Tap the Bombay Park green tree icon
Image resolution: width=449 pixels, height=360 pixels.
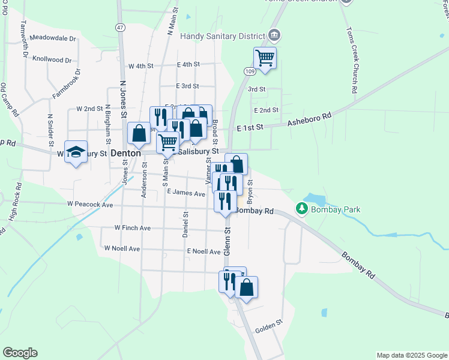[x=301, y=209]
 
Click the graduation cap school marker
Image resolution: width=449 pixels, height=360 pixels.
[x=76, y=152]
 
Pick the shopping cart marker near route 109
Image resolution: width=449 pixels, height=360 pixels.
[x=265, y=58]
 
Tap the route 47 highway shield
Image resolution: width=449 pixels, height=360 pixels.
[x=121, y=28]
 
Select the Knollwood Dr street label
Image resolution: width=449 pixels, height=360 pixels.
[x=52, y=60]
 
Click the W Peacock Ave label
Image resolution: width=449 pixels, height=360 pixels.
[x=90, y=205]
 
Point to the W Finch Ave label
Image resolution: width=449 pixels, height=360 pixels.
[x=132, y=228]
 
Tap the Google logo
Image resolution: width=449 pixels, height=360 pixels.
[x=20, y=353]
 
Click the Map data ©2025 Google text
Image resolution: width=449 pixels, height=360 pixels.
[x=411, y=355]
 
